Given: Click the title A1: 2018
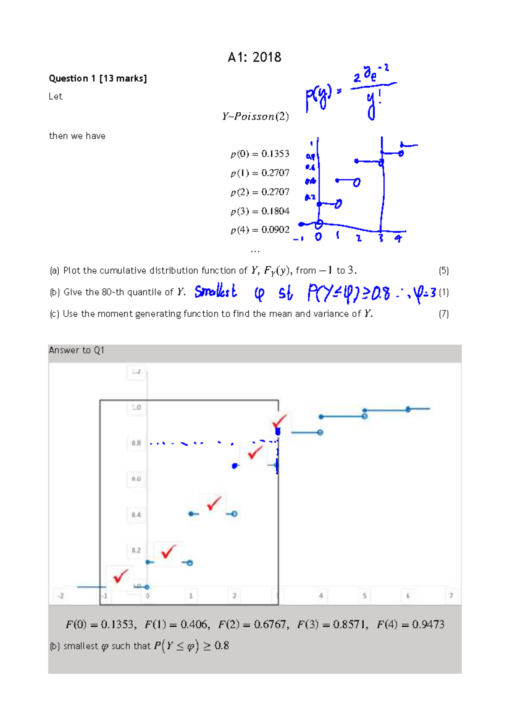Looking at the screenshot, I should click(x=254, y=57).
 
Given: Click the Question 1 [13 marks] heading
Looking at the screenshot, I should click(x=98, y=78).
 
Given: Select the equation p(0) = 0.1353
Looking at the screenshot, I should click(x=260, y=153).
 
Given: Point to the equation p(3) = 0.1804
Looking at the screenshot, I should click(x=260, y=211).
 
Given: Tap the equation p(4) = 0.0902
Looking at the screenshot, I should click(x=260, y=230).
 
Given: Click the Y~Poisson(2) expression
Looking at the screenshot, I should click(x=255, y=117).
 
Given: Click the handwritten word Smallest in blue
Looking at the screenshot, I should click(x=215, y=292).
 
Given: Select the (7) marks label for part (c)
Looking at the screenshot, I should click(x=444, y=314).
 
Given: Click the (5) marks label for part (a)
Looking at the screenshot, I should click(x=444, y=270).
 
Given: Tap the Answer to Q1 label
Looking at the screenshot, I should click(x=76, y=350).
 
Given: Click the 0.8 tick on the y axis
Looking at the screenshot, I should click(x=136, y=443).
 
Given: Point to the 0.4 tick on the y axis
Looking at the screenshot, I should click(x=136, y=514).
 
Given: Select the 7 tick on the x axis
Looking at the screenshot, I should click(x=451, y=596).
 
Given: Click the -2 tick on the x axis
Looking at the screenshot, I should click(x=61, y=596).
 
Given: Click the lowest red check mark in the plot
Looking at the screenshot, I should click(x=120, y=576).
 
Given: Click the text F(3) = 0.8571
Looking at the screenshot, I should click(x=333, y=624).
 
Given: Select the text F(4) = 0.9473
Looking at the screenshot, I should click(x=411, y=624).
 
